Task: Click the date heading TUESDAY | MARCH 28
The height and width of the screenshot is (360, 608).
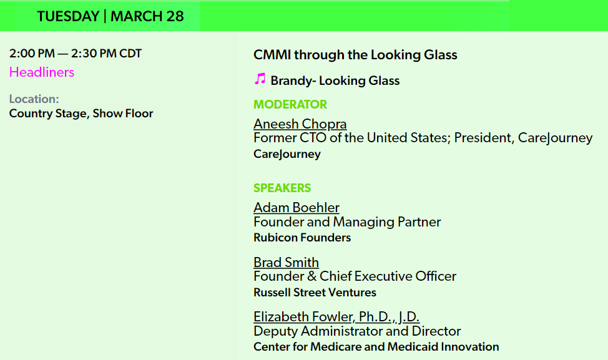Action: pyautogui.click(x=110, y=16)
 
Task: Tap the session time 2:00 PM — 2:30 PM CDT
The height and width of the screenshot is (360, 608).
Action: pyautogui.click(x=76, y=54)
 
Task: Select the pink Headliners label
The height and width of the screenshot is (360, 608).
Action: pyautogui.click(x=42, y=72)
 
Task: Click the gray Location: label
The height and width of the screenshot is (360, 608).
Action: pyautogui.click(x=34, y=99)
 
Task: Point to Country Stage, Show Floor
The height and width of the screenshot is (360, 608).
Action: pyautogui.click(x=81, y=114)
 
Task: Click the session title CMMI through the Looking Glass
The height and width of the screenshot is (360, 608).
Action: pyautogui.click(x=355, y=55)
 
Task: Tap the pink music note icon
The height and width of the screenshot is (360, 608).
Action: pyautogui.click(x=260, y=79)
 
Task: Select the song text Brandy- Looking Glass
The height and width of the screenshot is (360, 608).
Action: pyautogui.click(x=335, y=80)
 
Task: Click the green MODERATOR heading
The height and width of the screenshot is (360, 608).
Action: pyautogui.click(x=290, y=105)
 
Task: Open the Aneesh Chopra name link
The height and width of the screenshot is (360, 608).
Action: pyautogui.click(x=300, y=124)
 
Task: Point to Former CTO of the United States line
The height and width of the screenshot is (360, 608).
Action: pyautogui.click(x=423, y=138)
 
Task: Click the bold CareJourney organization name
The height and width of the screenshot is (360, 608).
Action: pyautogui.click(x=287, y=154)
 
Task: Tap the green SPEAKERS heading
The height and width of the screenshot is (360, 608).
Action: pyautogui.click(x=282, y=188)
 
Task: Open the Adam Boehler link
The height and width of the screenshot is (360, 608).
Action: pyautogui.click(x=297, y=208)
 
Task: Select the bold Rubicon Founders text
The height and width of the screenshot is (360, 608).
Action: pyautogui.click(x=302, y=238)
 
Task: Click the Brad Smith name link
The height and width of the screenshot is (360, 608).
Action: pyautogui.click(x=286, y=262)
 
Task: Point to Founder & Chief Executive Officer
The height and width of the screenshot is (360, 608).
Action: pyautogui.click(x=355, y=276)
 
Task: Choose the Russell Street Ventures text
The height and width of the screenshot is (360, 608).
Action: pyautogui.click(x=315, y=293)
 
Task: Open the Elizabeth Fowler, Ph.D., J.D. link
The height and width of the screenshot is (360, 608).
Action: pyautogui.click(x=336, y=317)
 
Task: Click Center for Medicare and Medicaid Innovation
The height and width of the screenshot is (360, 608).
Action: pyautogui.click(x=376, y=347)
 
